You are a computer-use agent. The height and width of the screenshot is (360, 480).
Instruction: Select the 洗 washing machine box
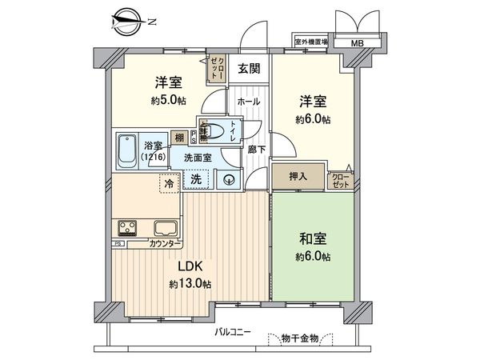(x=195, y=180)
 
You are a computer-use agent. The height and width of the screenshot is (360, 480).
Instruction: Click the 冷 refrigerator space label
(x=169, y=184)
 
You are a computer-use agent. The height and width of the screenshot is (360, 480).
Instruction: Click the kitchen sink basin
(x=167, y=227)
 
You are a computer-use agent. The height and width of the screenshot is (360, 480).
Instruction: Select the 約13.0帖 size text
(x=190, y=284)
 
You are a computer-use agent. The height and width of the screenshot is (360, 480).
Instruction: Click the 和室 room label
(x=314, y=238)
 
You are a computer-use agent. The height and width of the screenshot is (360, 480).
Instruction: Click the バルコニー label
(x=233, y=331)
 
